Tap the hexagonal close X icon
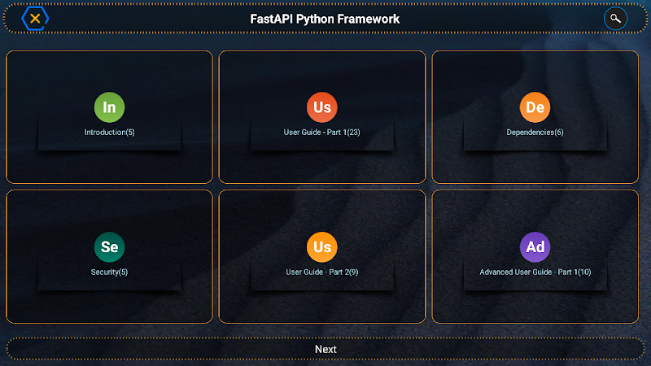click(35, 19)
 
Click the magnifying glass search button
click(615, 19)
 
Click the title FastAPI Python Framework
click(325, 19)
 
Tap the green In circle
click(109, 107)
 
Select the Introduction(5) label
click(110, 133)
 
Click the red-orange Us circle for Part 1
click(321, 107)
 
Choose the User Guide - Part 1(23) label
click(321, 133)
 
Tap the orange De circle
click(535, 107)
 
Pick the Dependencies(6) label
click(535, 133)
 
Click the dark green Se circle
click(109, 247)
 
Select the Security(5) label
click(109, 272)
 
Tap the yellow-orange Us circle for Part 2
click(321, 247)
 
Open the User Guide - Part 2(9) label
click(321, 272)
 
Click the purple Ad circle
click(535, 247)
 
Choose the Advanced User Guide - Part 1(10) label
click(535, 272)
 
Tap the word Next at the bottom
click(325, 350)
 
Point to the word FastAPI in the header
click(271, 19)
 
